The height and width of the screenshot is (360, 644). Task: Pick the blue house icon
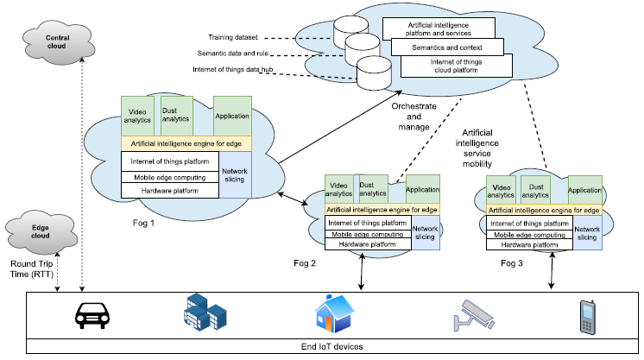pyautogui.click(x=333, y=313)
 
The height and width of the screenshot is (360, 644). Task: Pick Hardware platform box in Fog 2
pyautogui.click(x=367, y=245)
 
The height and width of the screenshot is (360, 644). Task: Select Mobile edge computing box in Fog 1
pyautogui.click(x=170, y=177)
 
